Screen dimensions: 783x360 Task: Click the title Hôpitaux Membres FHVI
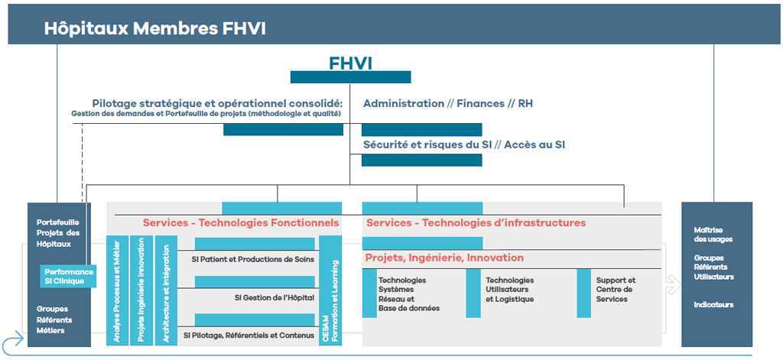pyautogui.click(x=154, y=28)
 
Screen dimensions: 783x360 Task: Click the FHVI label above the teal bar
pyautogui.click(x=350, y=63)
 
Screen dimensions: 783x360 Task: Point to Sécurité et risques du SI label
pyautogui.click(x=427, y=144)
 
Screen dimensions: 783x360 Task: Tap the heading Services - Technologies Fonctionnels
pyautogui.click(x=241, y=222)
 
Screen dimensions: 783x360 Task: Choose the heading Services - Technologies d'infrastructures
pyautogui.click(x=476, y=222)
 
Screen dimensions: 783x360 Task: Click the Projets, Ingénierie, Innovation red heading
pyautogui.click(x=444, y=258)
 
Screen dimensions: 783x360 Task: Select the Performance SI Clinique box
pyautogui.click(x=68, y=276)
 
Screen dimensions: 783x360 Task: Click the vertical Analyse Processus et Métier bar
pyautogui.click(x=117, y=290)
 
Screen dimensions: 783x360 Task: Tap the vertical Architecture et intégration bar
pyautogui.click(x=166, y=290)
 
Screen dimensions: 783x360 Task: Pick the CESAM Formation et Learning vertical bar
pyautogui.click(x=330, y=290)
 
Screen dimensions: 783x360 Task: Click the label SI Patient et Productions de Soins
pyautogui.click(x=252, y=260)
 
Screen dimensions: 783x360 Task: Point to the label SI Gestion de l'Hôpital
pyautogui.click(x=275, y=297)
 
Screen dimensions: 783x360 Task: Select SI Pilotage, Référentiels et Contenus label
pyautogui.click(x=249, y=336)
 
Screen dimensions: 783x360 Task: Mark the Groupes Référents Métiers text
pyautogui.click(x=54, y=319)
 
